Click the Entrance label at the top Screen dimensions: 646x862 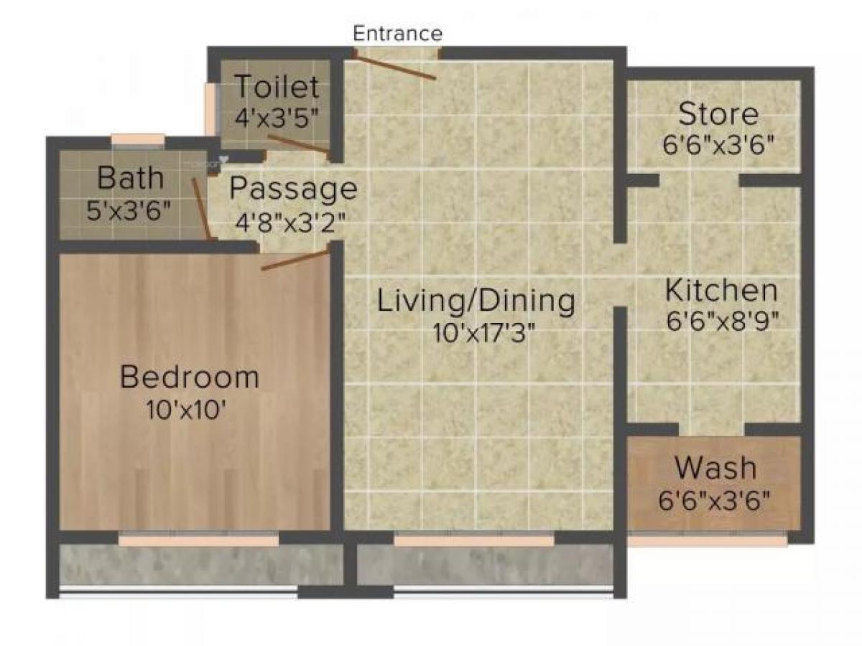[397, 33]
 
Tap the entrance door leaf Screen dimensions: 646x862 [395, 65]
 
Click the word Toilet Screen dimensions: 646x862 [277, 88]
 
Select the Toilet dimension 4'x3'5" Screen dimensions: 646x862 [277, 116]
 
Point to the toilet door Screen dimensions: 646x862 [298, 144]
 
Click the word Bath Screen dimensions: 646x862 [130, 177]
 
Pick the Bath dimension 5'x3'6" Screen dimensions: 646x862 [130, 211]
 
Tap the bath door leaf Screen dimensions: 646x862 [201, 208]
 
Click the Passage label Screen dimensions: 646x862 [292, 189]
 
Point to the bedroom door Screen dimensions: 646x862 [295, 259]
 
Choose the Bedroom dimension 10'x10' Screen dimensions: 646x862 [188, 411]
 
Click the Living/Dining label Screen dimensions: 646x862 [476, 301]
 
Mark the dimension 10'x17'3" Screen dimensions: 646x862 [484, 334]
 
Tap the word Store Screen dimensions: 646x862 [718, 114]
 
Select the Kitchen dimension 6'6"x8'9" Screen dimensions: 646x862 [722, 321]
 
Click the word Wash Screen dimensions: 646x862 [715, 468]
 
